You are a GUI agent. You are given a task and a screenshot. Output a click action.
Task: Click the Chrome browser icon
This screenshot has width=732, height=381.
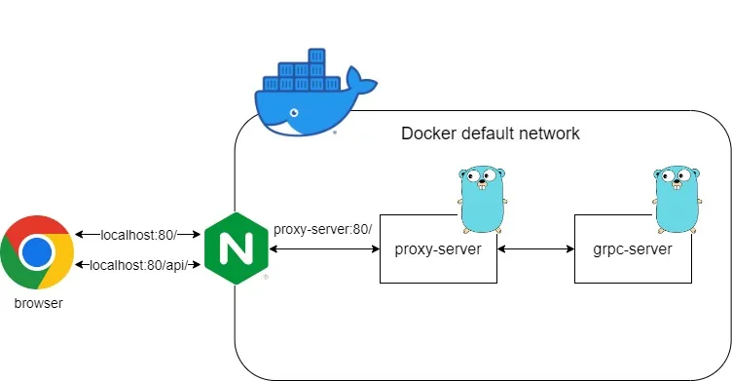[x=37, y=252]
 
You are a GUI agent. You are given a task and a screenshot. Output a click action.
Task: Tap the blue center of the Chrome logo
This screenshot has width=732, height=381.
[x=37, y=252]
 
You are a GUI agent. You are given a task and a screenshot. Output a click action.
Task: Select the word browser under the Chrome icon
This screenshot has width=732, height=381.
[x=38, y=303]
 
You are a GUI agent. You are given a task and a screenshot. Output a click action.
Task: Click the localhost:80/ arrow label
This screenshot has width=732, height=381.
[x=138, y=235]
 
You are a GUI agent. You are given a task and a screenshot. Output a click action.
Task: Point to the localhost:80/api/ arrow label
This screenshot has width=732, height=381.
[x=138, y=265]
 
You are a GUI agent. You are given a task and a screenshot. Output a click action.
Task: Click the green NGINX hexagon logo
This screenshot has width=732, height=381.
[x=237, y=248]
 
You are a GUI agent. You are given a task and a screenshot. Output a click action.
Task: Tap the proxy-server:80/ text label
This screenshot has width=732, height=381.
[x=322, y=230]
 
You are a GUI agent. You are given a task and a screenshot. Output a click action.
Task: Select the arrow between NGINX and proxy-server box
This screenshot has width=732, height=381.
[x=325, y=249]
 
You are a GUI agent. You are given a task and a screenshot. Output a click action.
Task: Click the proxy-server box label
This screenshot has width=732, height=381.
[x=438, y=249]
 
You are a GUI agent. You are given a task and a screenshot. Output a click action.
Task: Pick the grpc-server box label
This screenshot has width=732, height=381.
[x=633, y=249]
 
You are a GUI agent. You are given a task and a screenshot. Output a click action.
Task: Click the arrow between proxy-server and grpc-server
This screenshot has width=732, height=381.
[x=536, y=249]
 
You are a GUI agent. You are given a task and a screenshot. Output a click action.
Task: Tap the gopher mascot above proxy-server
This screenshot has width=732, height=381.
[x=482, y=199]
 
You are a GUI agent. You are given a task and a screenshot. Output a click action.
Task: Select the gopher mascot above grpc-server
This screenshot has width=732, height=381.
[x=677, y=199]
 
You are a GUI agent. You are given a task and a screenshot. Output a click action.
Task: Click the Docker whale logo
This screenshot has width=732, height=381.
[x=313, y=93]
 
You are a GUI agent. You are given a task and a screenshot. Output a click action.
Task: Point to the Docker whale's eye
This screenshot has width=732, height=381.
[x=294, y=113]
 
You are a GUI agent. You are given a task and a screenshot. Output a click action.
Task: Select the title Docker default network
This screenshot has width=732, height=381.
[x=491, y=133]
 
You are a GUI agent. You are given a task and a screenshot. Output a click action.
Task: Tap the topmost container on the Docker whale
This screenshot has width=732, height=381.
[x=316, y=56]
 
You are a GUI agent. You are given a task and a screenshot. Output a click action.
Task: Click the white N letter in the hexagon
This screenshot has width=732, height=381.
[x=237, y=248]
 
